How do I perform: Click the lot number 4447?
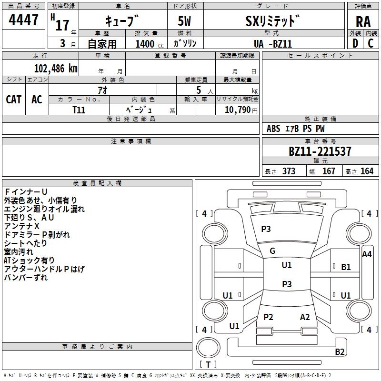click(x=24, y=20)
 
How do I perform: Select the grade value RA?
click(x=363, y=21)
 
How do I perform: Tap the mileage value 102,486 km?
click(x=56, y=69)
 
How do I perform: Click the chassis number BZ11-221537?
click(x=320, y=151)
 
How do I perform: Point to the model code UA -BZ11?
click(x=273, y=43)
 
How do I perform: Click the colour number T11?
click(x=79, y=109)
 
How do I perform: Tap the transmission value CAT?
click(x=14, y=99)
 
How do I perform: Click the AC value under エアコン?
click(x=37, y=99)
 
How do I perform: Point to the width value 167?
click(x=329, y=171)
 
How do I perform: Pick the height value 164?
click(x=367, y=171)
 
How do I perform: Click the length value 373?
click(x=289, y=171)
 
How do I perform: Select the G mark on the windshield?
click(x=272, y=251)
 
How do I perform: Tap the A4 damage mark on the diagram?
click(x=367, y=254)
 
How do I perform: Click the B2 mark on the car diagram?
click(x=340, y=352)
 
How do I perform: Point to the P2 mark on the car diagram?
click(x=268, y=317)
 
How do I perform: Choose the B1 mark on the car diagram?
click(x=346, y=267)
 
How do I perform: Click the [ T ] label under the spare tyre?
click(x=208, y=365)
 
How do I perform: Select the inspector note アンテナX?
click(x=22, y=226)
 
